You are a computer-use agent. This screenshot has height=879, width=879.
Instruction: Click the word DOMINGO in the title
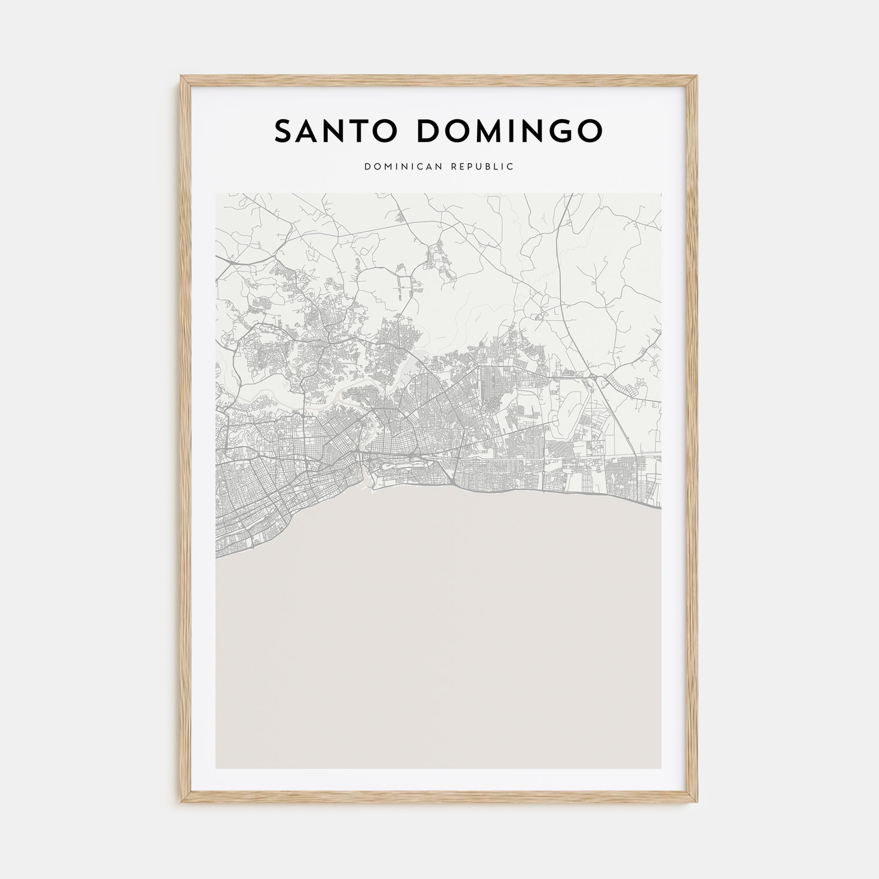pos(509,131)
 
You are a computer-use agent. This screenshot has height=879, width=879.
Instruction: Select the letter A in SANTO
pos(312,131)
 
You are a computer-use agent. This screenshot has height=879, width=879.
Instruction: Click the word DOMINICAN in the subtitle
pos(403,167)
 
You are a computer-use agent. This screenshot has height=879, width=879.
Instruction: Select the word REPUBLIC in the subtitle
pos(482,167)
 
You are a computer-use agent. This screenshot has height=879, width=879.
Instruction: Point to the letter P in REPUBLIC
pos(469,167)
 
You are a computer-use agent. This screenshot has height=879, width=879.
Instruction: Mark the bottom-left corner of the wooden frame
pos(181,802)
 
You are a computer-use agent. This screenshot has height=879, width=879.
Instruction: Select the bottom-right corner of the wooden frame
pos(697,802)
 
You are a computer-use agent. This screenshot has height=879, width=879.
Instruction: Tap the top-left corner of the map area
pos(216,194)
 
